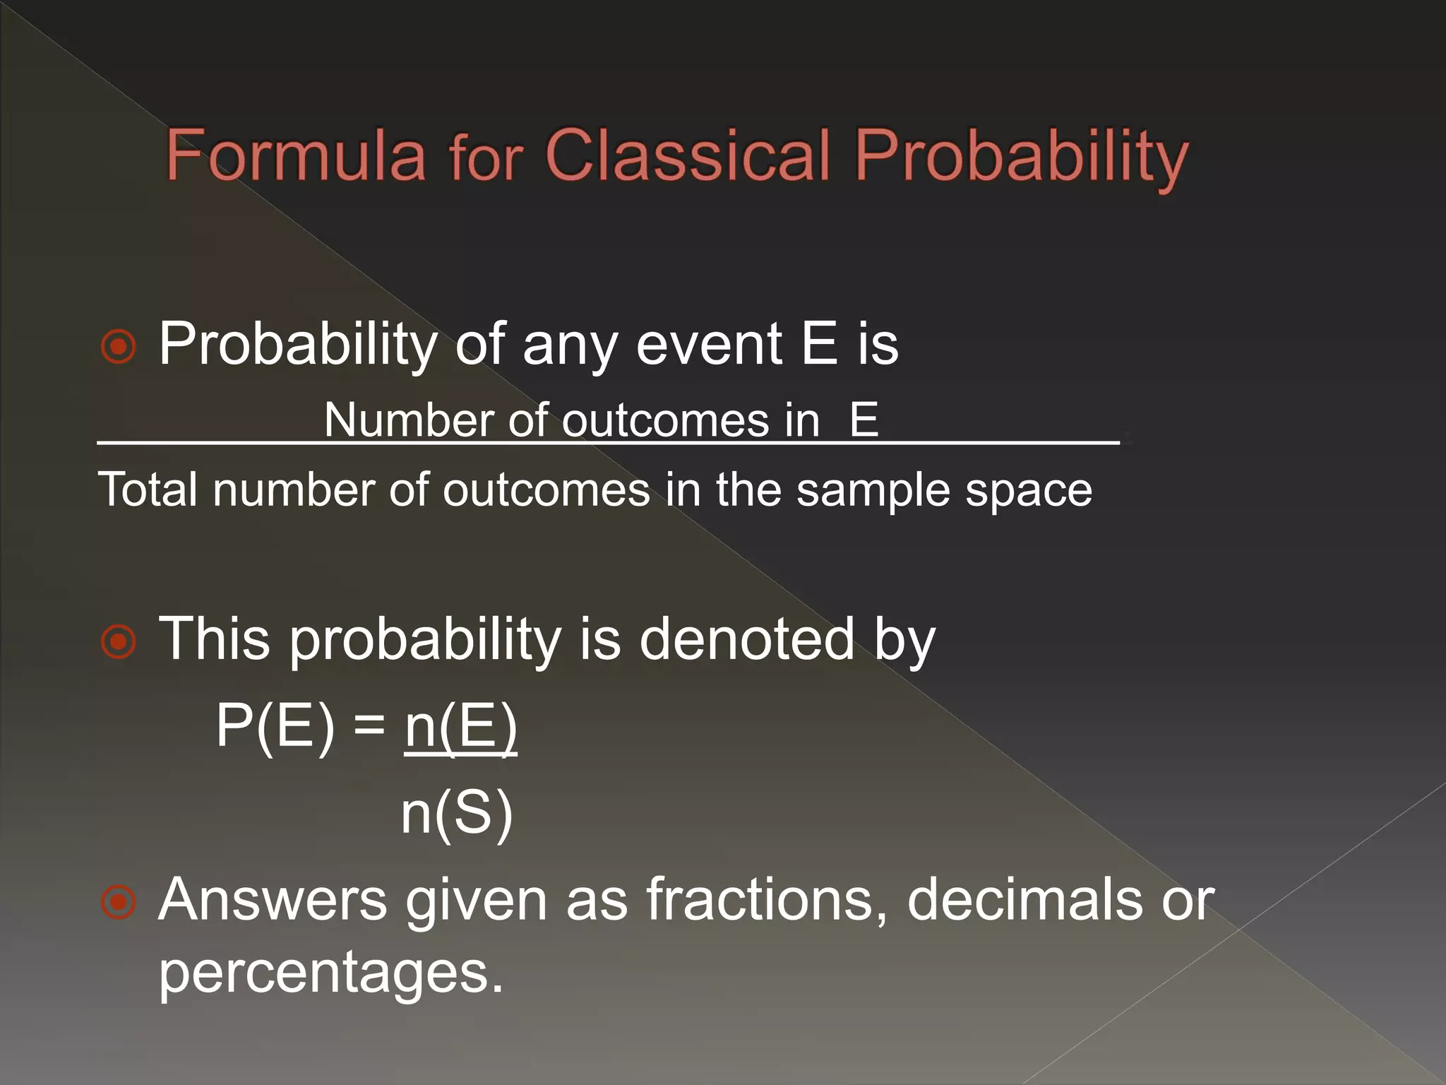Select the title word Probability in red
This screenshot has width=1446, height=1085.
1021,159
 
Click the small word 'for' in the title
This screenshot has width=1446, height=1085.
486,159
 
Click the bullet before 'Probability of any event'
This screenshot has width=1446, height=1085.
118,347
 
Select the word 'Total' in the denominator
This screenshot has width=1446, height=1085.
147,490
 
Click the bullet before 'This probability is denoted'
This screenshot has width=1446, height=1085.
118,641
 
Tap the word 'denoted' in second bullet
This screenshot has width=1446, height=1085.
746,639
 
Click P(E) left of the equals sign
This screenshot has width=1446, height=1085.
275,725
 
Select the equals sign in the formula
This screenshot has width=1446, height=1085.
369,726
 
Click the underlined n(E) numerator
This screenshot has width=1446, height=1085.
460,727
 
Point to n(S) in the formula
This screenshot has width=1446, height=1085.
456,813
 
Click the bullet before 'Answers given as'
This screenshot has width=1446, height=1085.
118,902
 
